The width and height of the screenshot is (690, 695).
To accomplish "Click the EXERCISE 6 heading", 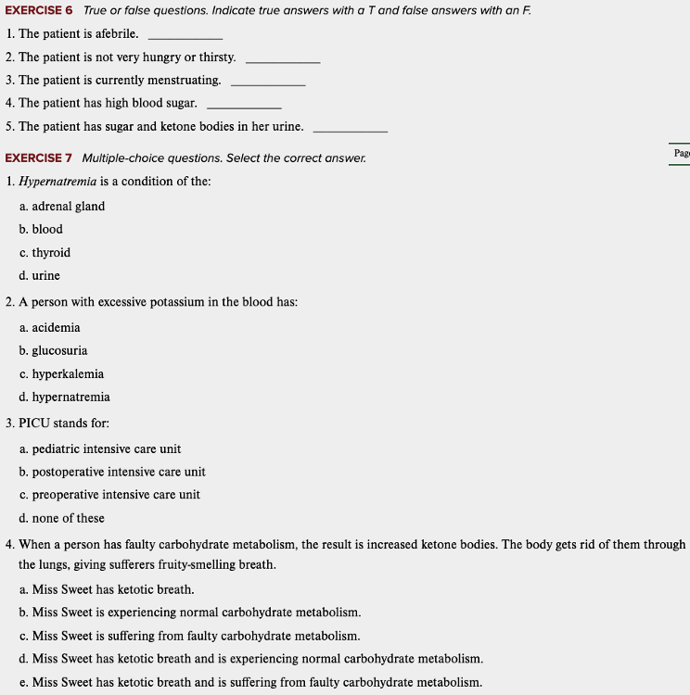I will pyautogui.click(x=39, y=10).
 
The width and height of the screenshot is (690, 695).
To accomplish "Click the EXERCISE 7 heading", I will pyautogui.click(x=39, y=158).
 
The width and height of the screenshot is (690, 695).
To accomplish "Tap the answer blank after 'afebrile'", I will pyautogui.click(x=185, y=36).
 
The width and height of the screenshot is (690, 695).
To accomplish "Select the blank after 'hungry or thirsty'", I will pyautogui.click(x=283, y=59).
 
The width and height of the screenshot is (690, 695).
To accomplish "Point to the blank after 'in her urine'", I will pyautogui.click(x=350, y=129).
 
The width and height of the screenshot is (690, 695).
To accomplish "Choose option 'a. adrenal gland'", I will pyautogui.click(x=62, y=206).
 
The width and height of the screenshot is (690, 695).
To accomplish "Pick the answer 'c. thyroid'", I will pyautogui.click(x=45, y=252).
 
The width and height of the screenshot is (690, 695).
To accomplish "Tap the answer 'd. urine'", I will pyautogui.click(x=40, y=275).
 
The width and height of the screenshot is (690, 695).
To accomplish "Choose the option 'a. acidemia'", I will pyautogui.click(x=50, y=327).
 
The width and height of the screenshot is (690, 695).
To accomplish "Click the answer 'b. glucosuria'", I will pyautogui.click(x=53, y=350).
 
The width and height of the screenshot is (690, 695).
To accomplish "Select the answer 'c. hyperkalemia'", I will pyautogui.click(x=61, y=373).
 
